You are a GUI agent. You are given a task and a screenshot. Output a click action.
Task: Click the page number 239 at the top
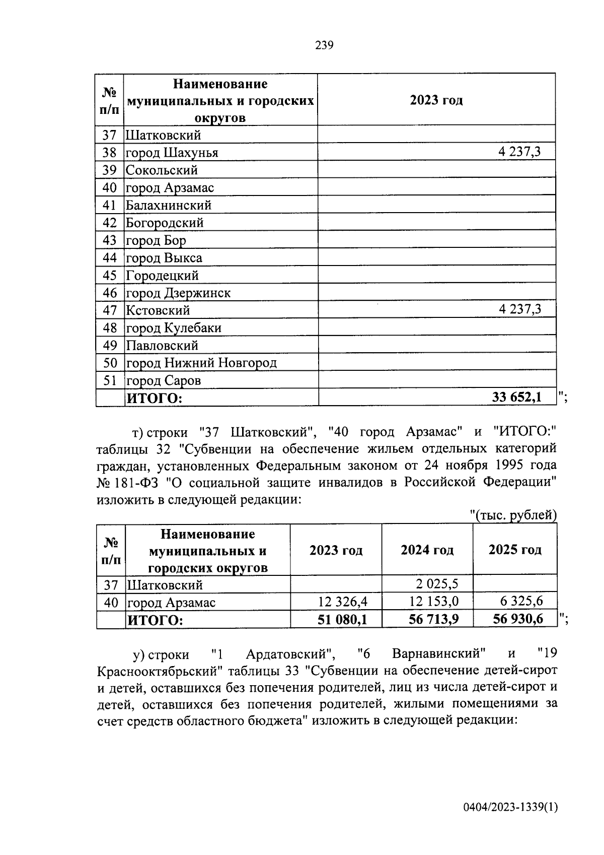click(324, 45)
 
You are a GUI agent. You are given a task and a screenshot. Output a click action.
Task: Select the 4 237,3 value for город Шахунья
click(520, 152)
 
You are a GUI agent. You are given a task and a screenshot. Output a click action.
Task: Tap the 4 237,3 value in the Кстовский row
click(520, 309)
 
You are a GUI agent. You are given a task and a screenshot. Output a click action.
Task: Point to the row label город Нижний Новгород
click(201, 363)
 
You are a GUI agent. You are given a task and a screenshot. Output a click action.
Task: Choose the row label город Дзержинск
click(178, 293)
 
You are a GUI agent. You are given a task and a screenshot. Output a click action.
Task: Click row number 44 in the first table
click(110, 258)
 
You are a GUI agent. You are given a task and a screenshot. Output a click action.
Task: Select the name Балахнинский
click(169, 205)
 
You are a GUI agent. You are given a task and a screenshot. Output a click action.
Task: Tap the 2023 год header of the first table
click(436, 100)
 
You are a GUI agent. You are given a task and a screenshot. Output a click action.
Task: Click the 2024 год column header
click(427, 550)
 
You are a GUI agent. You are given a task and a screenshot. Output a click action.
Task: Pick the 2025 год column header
click(514, 550)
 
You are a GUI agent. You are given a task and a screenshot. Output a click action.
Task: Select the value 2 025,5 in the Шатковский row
click(437, 584)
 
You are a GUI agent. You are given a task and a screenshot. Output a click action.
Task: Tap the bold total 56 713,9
click(433, 619)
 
